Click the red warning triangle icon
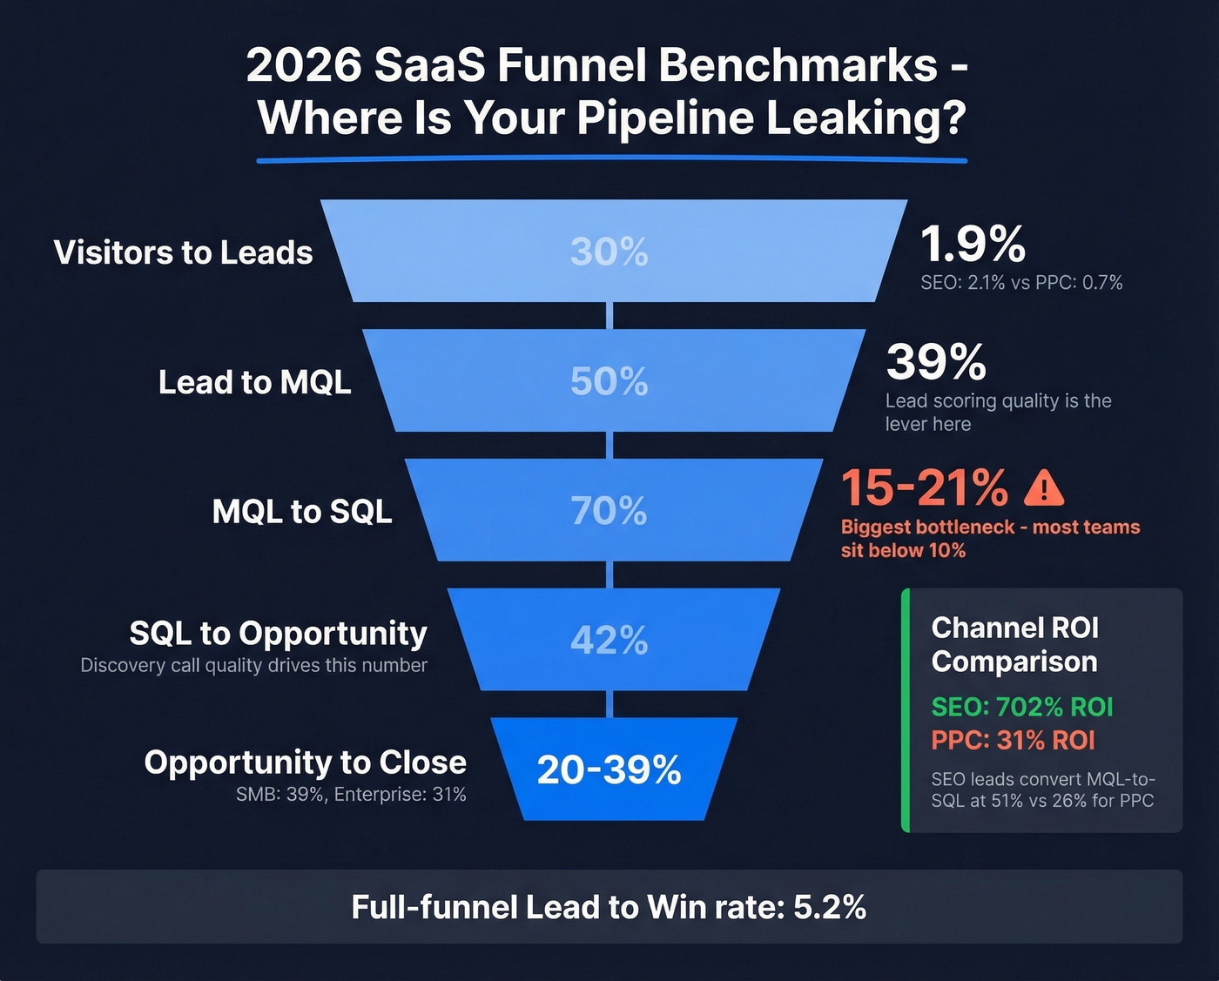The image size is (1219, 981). click(x=1043, y=489)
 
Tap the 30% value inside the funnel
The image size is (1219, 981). click(x=609, y=252)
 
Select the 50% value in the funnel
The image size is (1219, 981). click(x=609, y=381)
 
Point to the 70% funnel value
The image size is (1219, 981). click(x=609, y=511)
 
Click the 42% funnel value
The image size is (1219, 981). click(x=609, y=641)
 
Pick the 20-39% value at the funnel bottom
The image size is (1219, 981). click(x=609, y=770)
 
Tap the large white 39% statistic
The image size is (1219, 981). click(x=936, y=361)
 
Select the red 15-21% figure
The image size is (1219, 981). click(x=925, y=487)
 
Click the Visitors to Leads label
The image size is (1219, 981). click(x=184, y=252)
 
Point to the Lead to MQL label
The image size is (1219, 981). click(x=255, y=382)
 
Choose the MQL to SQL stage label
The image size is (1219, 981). click(x=302, y=511)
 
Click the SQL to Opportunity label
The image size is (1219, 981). click(x=279, y=633)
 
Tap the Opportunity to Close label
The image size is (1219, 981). click(x=306, y=762)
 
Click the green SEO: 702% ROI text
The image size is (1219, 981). click(x=1022, y=707)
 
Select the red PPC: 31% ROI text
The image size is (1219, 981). click(x=1014, y=740)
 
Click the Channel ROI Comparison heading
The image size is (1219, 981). click(x=1015, y=644)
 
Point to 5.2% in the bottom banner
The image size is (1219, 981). click(x=830, y=907)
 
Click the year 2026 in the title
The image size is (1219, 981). click(x=303, y=65)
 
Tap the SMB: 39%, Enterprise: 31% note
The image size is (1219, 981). click(x=351, y=795)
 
